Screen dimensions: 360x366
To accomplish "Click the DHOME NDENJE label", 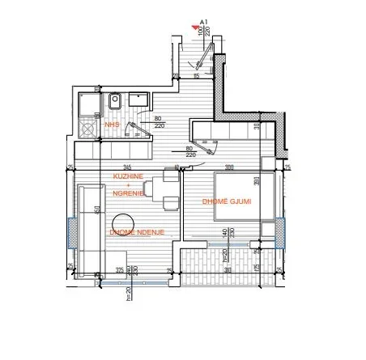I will click(x=134, y=233).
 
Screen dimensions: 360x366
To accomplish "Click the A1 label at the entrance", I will click(x=205, y=24).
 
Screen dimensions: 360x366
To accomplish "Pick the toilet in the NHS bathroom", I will click(x=115, y=103).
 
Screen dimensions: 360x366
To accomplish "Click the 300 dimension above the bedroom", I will click(x=229, y=167).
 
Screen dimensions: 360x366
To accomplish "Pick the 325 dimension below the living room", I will click(x=119, y=269).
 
